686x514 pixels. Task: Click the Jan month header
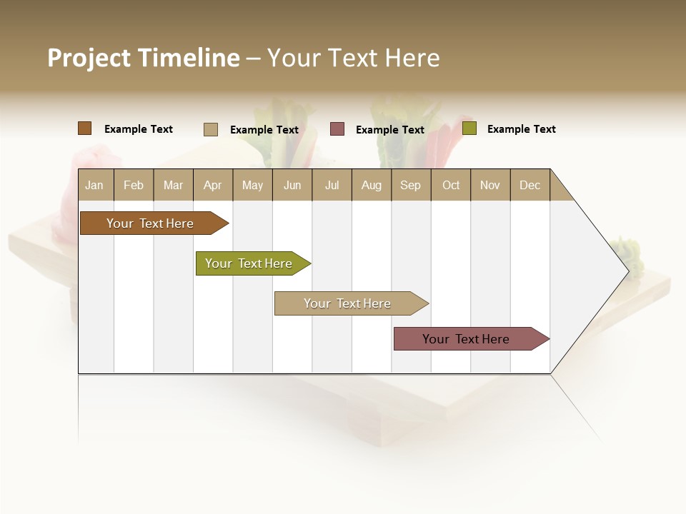(x=94, y=186)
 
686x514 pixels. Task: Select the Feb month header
(x=134, y=186)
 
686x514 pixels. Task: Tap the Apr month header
(x=213, y=186)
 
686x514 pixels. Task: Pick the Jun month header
(x=292, y=186)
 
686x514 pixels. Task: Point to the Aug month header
(x=372, y=186)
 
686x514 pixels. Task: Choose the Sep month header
(x=411, y=186)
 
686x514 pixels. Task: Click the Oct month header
(x=451, y=186)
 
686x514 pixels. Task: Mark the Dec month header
(x=530, y=186)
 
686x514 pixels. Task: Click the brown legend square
(x=85, y=128)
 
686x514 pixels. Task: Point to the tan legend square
(x=211, y=129)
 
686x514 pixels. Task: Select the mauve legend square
(x=337, y=129)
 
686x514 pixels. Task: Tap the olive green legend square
(x=469, y=128)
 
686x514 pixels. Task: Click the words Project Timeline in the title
(x=144, y=58)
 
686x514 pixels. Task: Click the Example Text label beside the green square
(x=522, y=129)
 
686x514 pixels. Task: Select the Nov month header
(x=490, y=186)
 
